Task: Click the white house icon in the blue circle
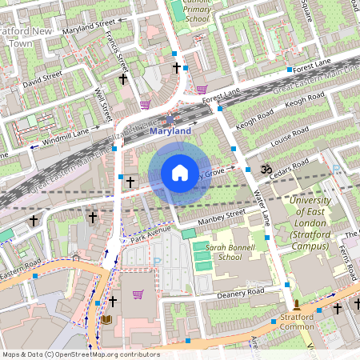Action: click(x=180, y=173)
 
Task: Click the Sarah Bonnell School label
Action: click(x=218, y=253)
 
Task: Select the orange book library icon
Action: click(x=106, y=319)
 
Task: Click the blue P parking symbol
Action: click(x=157, y=260)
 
